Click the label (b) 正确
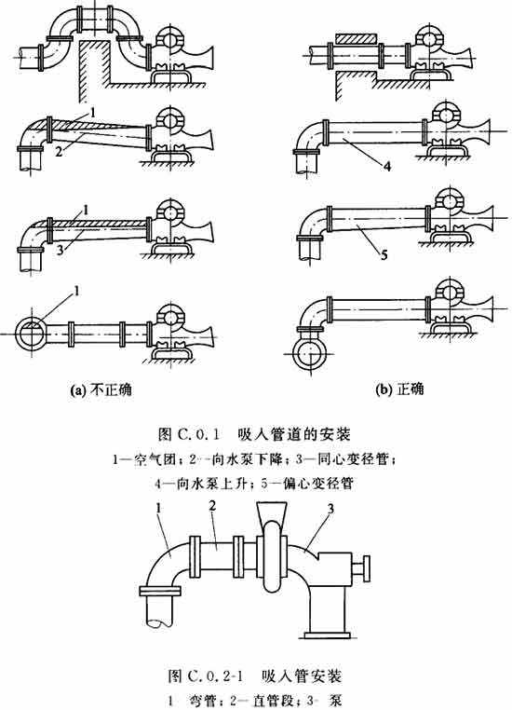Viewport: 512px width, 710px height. tap(400, 389)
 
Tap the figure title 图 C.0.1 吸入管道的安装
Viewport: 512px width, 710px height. tap(254, 435)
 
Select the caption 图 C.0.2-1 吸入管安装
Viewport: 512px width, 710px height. tap(254, 676)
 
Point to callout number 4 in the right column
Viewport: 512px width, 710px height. tap(386, 167)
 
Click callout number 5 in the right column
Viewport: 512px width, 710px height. tap(384, 255)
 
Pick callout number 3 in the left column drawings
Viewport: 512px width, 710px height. tap(60, 251)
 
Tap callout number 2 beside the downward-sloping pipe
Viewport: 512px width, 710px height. tap(59, 152)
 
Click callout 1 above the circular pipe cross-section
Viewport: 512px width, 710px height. tap(76, 291)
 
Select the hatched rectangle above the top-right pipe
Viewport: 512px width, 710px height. tap(356, 39)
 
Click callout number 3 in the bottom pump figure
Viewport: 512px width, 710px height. tap(330, 510)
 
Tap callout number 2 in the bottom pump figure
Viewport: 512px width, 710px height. tap(212, 506)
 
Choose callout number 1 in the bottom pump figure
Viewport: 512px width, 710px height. tap(159, 509)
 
